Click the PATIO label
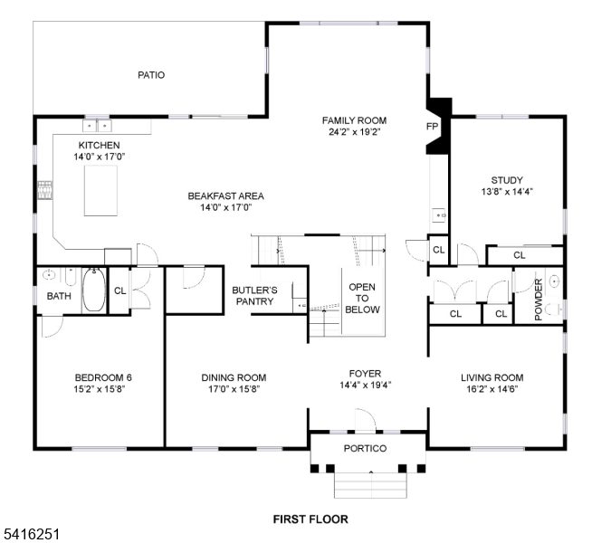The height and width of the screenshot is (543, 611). [151, 75]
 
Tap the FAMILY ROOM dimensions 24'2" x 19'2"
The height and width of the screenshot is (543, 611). [354, 131]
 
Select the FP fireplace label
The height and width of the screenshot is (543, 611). [433, 127]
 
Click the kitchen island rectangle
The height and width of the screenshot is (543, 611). [100, 190]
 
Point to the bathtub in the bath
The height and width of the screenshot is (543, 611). [92, 291]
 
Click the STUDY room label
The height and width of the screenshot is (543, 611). [507, 180]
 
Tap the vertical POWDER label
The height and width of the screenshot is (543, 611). [538, 299]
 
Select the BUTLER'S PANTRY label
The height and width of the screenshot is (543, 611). [254, 296]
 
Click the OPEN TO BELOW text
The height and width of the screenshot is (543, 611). [362, 298]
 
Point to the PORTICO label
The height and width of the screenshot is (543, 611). [365, 449]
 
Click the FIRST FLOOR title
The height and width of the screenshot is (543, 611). [310, 519]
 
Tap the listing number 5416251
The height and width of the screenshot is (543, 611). [31, 535]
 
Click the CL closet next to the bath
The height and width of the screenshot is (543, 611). [119, 291]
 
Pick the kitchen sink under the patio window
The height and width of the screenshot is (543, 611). [97, 127]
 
